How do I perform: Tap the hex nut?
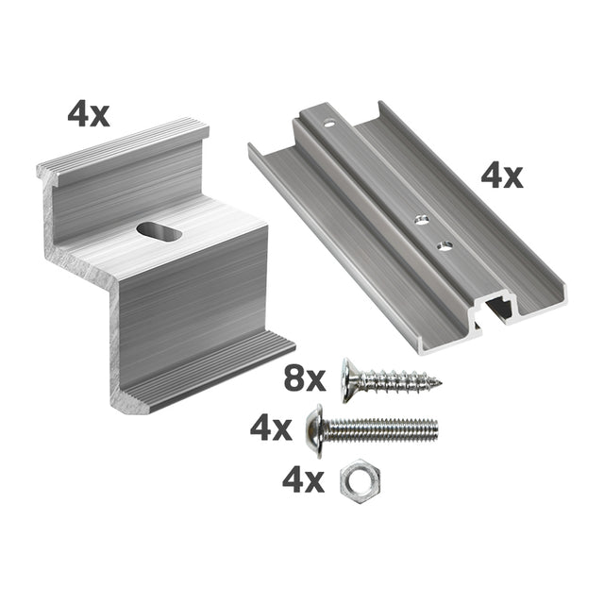pos(361,481)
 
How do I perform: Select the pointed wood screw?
pos(392,379)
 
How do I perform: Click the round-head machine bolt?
pos(372,430)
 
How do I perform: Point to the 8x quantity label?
pos(304,379)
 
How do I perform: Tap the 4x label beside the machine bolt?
pos(271,429)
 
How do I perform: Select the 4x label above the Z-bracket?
pos(89,114)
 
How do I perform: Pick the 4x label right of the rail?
pos(502,176)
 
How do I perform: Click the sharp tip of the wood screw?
pos(441,383)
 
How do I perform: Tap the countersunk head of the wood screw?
pos(349,380)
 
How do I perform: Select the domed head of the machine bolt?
pos(314,431)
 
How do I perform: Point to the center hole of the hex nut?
pos(360,481)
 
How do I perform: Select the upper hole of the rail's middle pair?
pos(422,220)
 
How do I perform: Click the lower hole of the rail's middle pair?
pos(445,245)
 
